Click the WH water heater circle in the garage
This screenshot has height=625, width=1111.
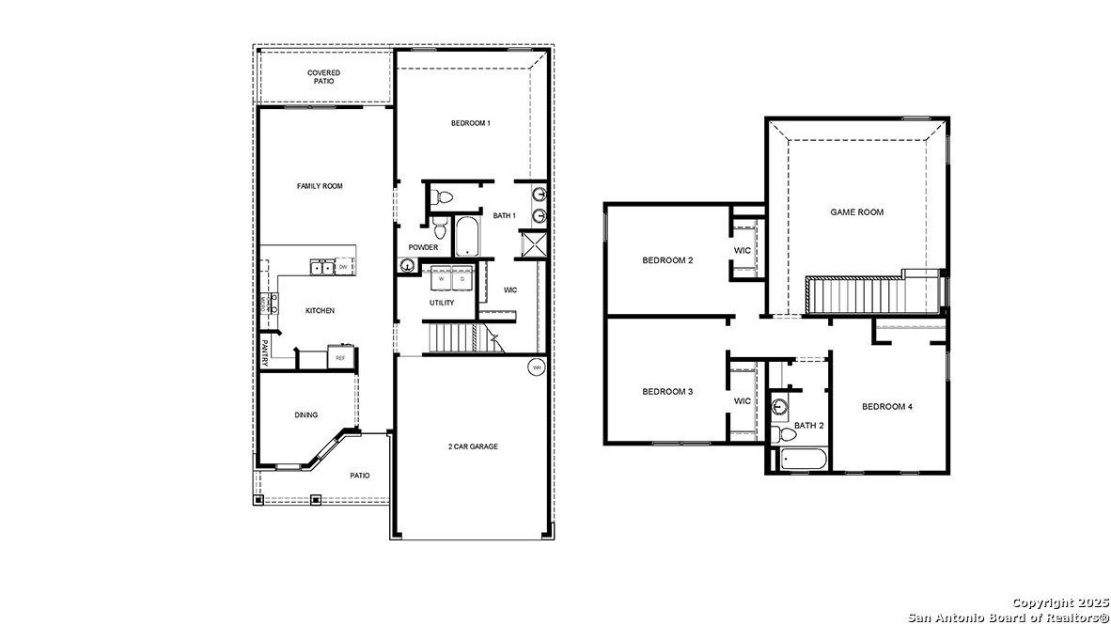click(x=536, y=367)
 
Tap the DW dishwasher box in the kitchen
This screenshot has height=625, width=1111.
click(x=344, y=268)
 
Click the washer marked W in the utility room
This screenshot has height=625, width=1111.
click(x=440, y=279)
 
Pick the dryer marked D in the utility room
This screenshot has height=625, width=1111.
click(x=462, y=279)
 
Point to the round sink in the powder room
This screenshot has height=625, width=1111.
click(x=406, y=266)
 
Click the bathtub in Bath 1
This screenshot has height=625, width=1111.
click(x=467, y=237)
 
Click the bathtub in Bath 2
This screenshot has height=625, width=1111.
click(x=798, y=461)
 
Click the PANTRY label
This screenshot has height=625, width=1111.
click(x=266, y=352)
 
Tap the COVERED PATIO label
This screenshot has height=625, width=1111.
click(x=323, y=77)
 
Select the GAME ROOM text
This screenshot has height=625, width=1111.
click(x=856, y=212)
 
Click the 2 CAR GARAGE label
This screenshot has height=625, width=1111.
click(x=473, y=446)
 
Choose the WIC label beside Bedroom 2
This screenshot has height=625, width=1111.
click(x=742, y=250)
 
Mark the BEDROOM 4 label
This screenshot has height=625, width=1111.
click(x=886, y=407)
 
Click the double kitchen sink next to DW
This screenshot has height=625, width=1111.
click(x=321, y=268)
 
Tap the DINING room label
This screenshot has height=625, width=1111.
click(x=305, y=414)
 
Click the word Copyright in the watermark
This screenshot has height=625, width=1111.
click(x=1039, y=602)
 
